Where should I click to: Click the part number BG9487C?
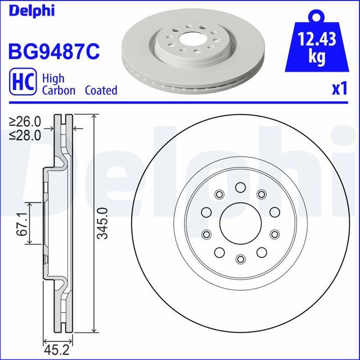[x=53, y=52]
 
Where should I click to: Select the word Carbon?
[x=58, y=91]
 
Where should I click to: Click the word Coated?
[x=101, y=91]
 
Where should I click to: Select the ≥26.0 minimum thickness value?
[x=25, y=121]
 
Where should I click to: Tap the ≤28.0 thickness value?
[x=25, y=134]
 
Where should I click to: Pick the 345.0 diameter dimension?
[x=102, y=223]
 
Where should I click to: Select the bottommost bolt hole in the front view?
[x=240, y=258]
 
